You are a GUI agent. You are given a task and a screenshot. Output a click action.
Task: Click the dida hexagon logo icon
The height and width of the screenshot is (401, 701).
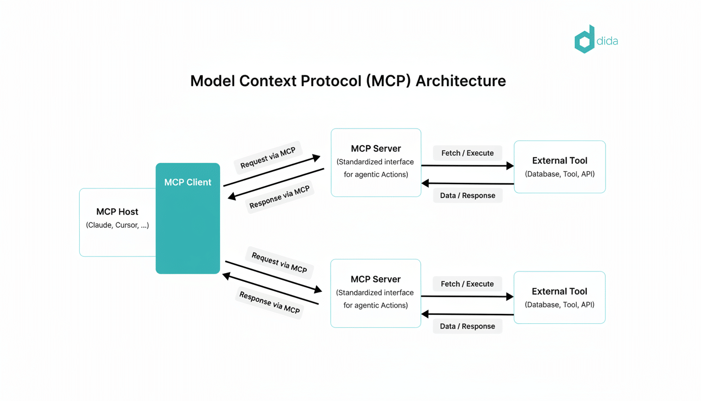click(x=585, y=40)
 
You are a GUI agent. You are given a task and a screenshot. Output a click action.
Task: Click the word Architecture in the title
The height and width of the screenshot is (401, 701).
click(x=461, y=81)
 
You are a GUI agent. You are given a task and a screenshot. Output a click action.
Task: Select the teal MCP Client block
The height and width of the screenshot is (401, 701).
click(x=188, y=225)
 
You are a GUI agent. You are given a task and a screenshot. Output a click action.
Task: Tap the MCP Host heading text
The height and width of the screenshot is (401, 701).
click(x=117, y=211)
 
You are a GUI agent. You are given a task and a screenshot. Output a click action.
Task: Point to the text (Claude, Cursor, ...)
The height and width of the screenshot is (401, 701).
click(x=117, y=225)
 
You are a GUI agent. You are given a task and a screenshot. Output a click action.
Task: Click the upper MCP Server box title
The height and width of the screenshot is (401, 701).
click(x=376, y=149)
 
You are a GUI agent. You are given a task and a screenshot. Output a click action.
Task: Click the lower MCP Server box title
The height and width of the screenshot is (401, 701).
click(x=376, y=279)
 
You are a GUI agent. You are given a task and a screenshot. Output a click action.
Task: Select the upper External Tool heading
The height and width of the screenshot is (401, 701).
click(x=560, y=161)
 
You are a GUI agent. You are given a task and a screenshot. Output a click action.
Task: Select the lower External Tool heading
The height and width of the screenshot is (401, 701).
click(x=559, y=291)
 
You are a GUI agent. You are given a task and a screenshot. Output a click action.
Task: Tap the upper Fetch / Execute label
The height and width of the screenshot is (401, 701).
click(x=467, y=153)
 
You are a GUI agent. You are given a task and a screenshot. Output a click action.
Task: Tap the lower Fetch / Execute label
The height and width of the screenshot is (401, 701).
click(x=467, y=284)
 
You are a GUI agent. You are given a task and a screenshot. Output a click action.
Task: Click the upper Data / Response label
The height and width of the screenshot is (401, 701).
click(x=467, y=195)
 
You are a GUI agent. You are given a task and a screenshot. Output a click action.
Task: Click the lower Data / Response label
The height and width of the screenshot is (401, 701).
click(x=467, y=326)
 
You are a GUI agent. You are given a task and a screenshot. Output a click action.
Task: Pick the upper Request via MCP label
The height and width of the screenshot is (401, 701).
click(x=268, y=158)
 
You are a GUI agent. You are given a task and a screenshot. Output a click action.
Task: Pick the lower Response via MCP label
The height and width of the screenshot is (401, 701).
click(x=270, y=302)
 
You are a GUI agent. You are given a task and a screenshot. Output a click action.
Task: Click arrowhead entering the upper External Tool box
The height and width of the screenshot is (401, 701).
click(x=510, y=166)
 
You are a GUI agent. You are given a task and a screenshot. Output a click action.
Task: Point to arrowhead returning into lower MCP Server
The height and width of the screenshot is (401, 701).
click(x=425, y=314)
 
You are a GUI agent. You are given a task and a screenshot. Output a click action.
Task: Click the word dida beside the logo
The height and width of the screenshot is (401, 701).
click(x=607, y=41)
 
